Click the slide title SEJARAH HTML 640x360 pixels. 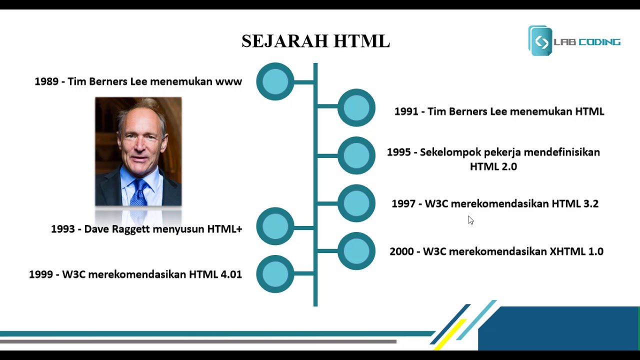coord(315,41)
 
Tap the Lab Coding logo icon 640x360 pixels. coord(540,41)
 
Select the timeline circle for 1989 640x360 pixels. coord(275,81)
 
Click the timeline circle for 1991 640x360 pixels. coord(356,107)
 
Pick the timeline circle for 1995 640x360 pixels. coord(356,155)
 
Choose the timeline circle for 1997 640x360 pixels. coord(356,203)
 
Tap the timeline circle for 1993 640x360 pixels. coord(275,226)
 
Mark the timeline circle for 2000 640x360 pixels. coord(356,251)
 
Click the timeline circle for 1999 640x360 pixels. coord(275,274)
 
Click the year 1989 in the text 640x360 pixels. coord(46,81)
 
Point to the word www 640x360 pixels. coord(228,81)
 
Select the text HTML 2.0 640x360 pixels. coord(493,166)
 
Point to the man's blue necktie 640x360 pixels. coord(139,192)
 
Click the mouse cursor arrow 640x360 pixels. coord(470,220)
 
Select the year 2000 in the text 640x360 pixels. coord(401,251)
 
